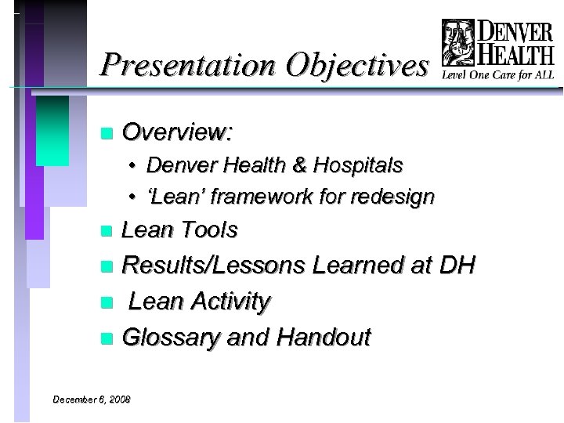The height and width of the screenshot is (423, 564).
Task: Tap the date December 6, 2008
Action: point(92,399)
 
